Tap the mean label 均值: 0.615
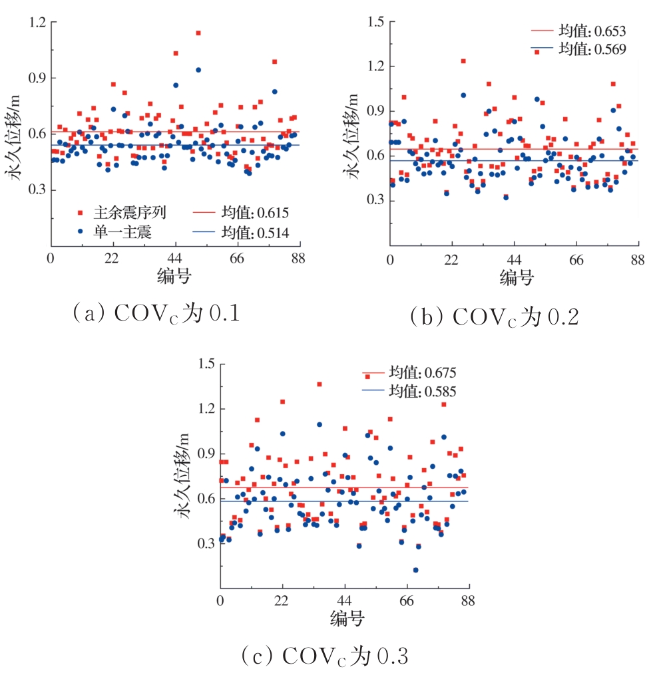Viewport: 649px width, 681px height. click(x=256, y=213)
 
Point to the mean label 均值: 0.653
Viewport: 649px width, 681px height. click(x=592, y=31)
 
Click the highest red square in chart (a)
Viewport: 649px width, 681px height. click(x=198, y=33)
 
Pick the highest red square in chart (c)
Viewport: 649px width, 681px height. click(x=320, y=384)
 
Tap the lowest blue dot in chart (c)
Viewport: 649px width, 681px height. click(x=416, y=570)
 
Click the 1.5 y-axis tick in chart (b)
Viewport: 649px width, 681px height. click(x=375, y=22)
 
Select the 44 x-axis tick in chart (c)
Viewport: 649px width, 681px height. click(x=345, y=601)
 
